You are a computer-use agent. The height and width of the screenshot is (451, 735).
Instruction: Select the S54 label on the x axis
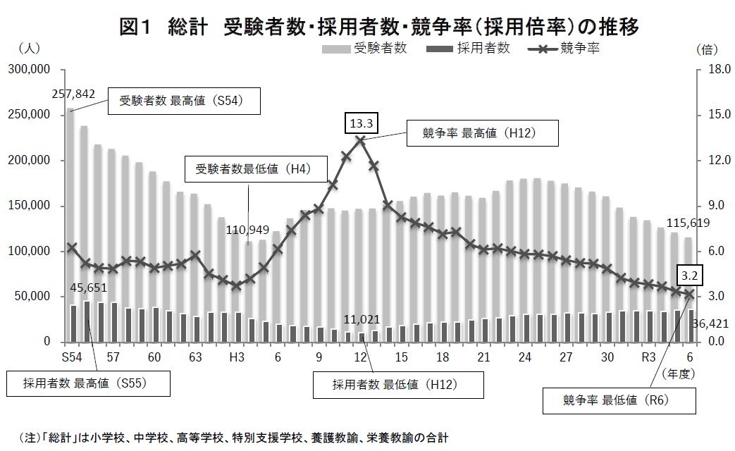point(72,357)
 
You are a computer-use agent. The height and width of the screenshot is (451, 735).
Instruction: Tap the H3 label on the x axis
point(237,357)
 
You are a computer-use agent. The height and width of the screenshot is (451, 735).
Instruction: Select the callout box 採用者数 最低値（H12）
point(399,385)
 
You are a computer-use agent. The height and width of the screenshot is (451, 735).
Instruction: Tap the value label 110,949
point(247,230)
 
